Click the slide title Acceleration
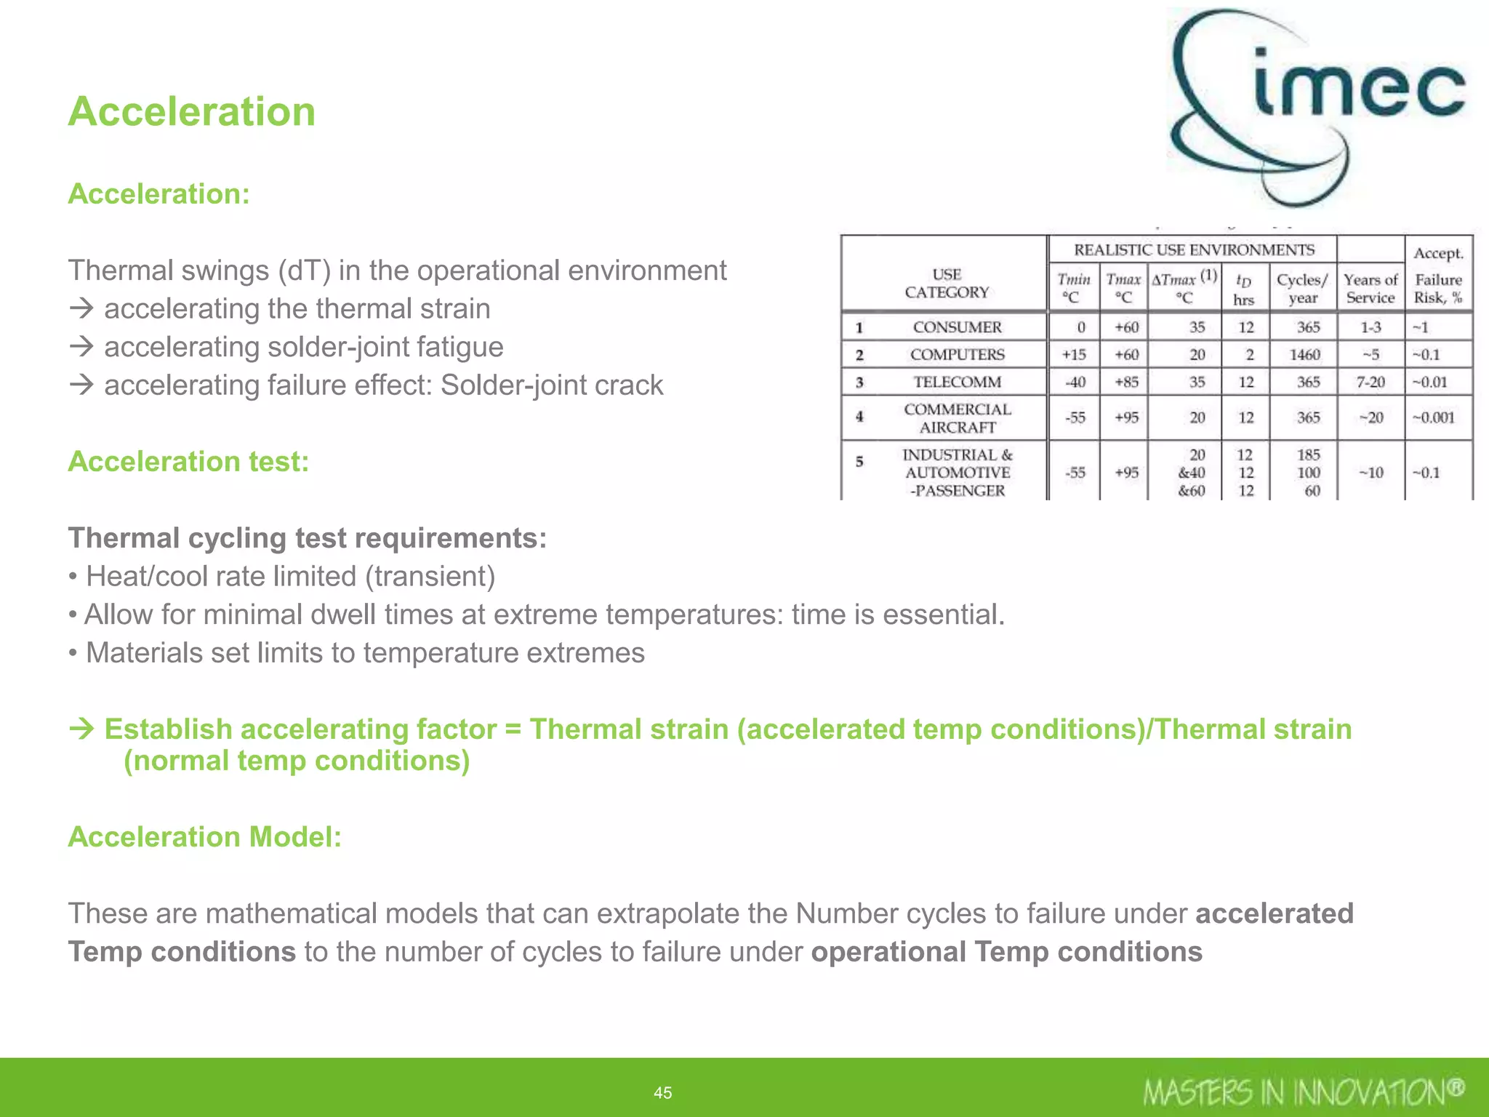point(192,112)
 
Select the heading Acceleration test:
point(188,462)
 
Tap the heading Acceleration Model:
point(204,837)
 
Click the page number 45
point(662,1092)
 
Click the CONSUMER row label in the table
point(957,327)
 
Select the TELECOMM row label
point(957,383)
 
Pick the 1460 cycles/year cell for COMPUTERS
point(1304,355)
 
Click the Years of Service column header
point(1370,289)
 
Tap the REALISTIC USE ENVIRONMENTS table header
point(1194,250)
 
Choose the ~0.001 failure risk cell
point(1433,417)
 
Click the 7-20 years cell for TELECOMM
point(1370,383)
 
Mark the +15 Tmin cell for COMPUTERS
point(1074,355)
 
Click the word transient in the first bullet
point(430,577)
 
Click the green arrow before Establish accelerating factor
point(82,729)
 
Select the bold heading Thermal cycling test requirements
point(307,538)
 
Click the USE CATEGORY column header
point(947,284)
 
